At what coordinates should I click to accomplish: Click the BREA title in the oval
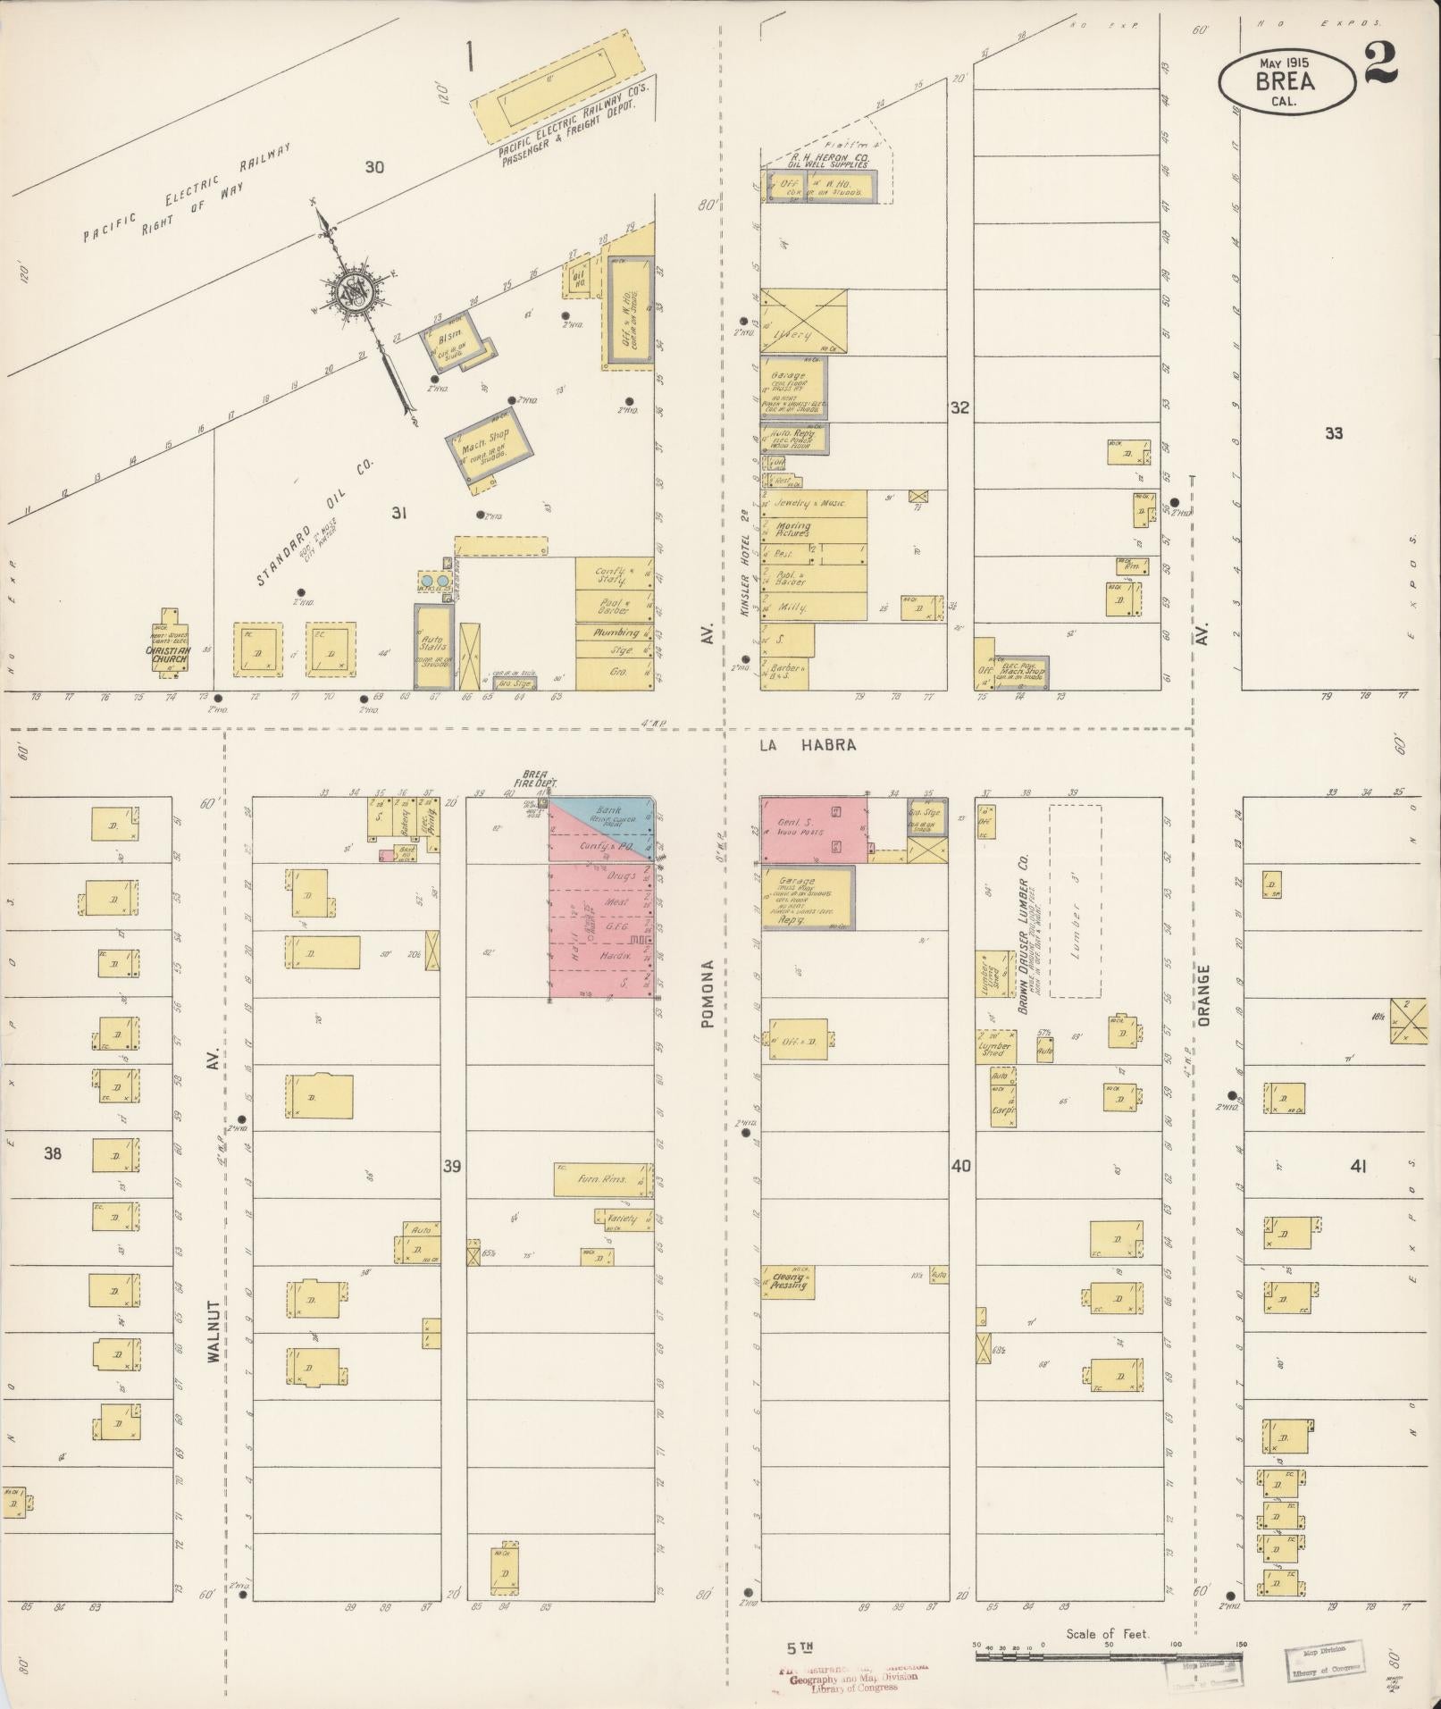(x=1285, y=81)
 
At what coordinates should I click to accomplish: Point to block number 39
(x=453, y=1166)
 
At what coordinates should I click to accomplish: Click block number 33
(x=1333, y=433)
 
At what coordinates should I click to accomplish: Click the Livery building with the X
(x=802, y=320)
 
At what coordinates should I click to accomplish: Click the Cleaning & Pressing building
(x=787, y=1282)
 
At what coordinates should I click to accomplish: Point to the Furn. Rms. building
(x=600, y=1179)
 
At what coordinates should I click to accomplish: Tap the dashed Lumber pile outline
(x=1075, y=901)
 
